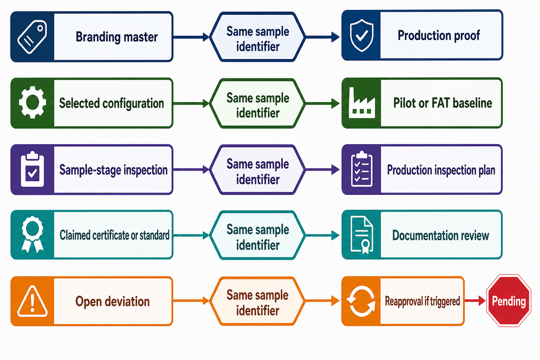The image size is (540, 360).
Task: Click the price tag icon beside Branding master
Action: coord(32,37)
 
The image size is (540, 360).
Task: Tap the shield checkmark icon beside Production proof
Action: coord(362,36)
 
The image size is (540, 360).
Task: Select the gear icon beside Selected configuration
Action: coord(32,102)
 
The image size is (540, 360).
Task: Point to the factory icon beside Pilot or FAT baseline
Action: coord(362,103)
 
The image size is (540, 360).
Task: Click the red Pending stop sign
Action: coord(508,301)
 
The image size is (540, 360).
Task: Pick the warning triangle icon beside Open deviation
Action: coord(32,301)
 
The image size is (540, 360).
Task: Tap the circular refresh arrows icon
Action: coord(361,301)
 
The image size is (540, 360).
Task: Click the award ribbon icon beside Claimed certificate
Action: coord(32,234)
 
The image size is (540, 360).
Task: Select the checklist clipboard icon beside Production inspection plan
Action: coord(362,169)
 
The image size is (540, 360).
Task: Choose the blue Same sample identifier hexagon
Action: coord(257,37)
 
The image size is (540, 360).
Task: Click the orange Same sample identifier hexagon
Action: coord(257,301)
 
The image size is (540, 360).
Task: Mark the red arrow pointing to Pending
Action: coord(475,301)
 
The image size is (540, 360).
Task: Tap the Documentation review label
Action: coord(441,235)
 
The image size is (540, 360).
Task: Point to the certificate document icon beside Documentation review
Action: coord(362,235)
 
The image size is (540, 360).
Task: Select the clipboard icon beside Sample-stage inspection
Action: coord(32,169)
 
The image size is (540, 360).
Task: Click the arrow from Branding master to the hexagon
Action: coord(191,37)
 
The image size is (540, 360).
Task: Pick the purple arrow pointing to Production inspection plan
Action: coord(323,170)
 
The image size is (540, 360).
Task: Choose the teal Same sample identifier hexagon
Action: coord(257,235)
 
